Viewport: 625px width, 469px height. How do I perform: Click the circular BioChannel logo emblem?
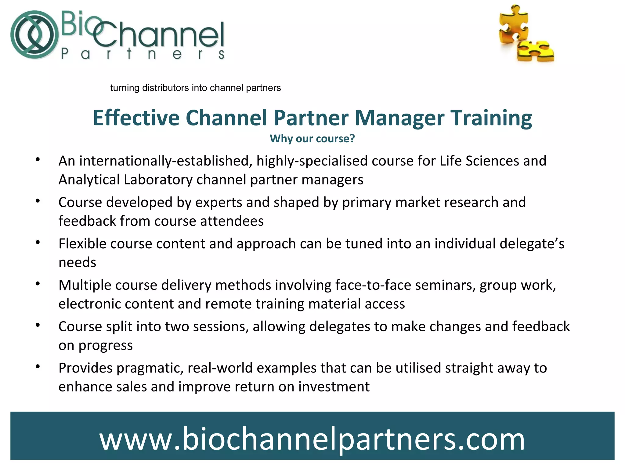click(x=34, y=35)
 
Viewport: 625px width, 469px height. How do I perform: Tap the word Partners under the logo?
click(x=143, y=54)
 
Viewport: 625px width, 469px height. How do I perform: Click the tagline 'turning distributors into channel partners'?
click(x=195, y=88)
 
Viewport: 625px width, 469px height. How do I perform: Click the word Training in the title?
click(x=491, y=118)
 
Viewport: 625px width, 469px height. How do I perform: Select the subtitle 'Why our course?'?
click(x=312, y=139)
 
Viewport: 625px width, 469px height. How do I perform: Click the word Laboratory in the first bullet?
click(x=158, y=180)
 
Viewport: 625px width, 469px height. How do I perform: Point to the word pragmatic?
click(x=150, y=368)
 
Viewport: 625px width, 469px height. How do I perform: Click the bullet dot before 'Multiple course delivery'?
click(x=38, y=284)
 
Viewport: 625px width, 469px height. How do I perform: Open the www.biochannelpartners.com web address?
click(x=312, y=439)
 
